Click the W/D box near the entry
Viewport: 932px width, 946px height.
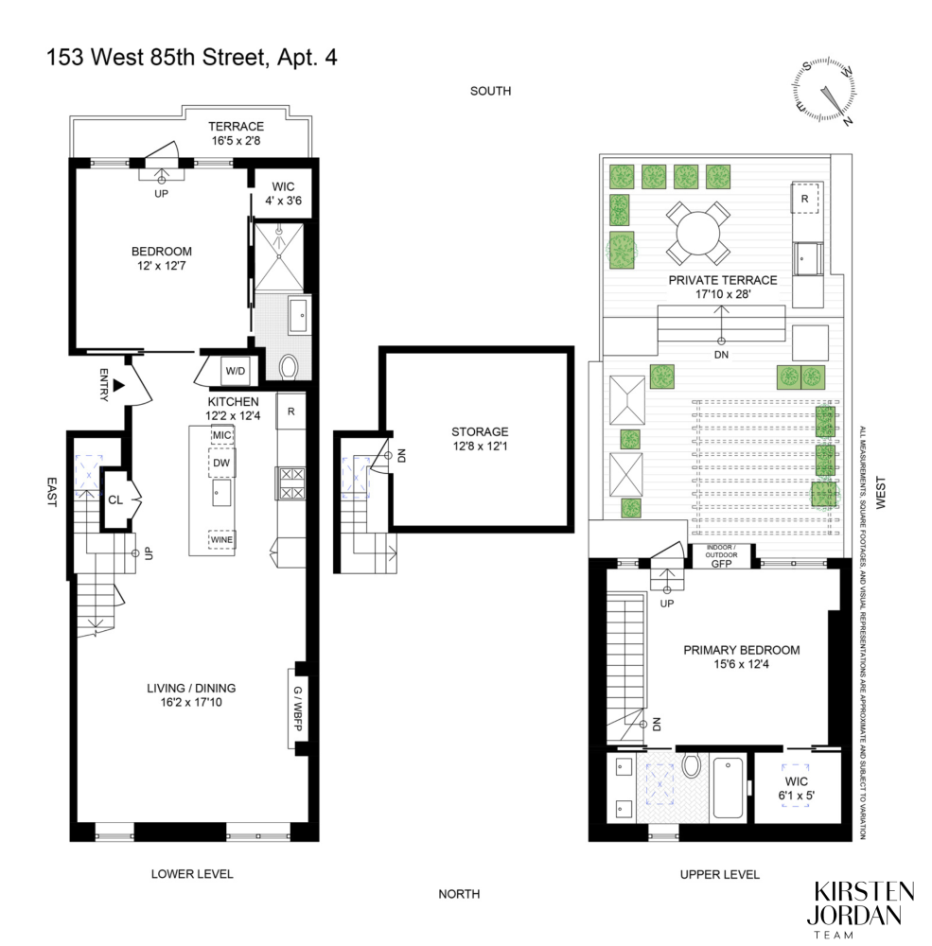pyautogui.click(x=234, y=372)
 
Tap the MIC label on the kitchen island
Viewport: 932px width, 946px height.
pyautogui.click(x=222, y=434)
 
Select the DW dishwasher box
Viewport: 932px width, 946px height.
pyautogui.click(x=222, y=463)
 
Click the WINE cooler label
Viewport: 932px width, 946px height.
pyautogui.click(x=222, y=540)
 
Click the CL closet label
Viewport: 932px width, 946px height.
pyautogui.click(x=115, y=499)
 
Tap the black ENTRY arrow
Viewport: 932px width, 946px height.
pyautogui.click(x=118, y=385)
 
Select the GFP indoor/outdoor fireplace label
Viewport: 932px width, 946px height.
pyautogui.click(x=722, y=562)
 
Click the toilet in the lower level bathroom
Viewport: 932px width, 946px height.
pyautogui.click(x=290, y=366)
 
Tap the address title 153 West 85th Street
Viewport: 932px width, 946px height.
pyautogui.click(x=192, y=58)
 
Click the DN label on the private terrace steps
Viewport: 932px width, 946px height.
pyautogui.click(x=722, y=355)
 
